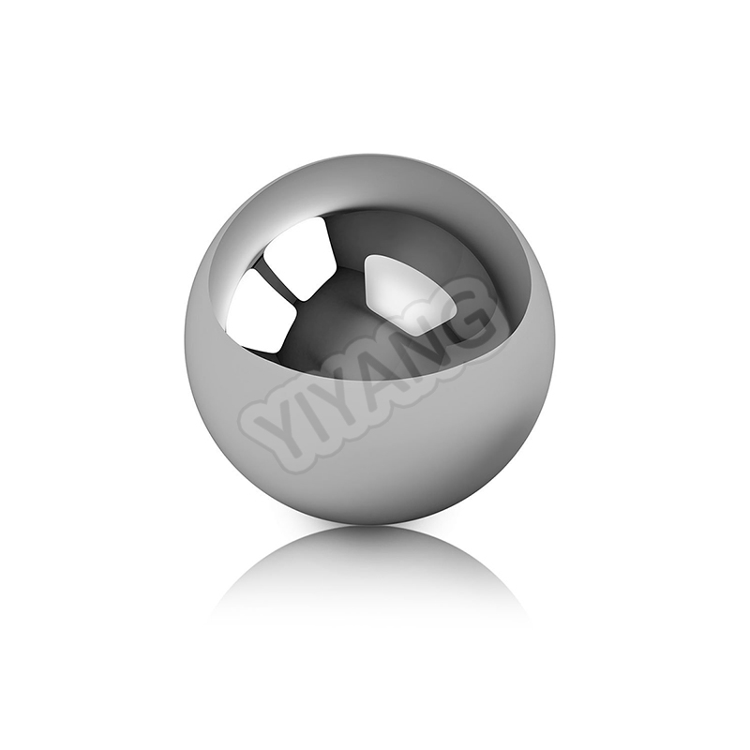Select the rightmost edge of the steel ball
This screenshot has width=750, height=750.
pyautogui.click(x=555, y=337)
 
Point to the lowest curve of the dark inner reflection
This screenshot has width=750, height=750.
pyautogui.click(x=375, y=380)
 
